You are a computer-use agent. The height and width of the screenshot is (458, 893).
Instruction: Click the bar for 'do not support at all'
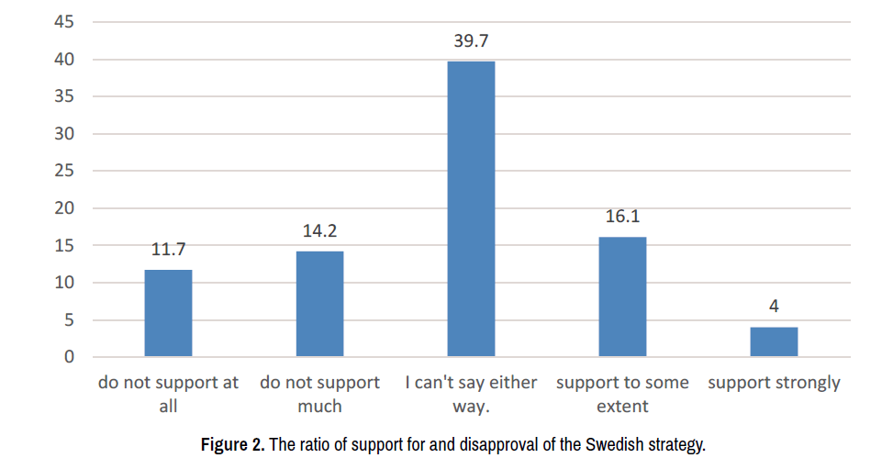click(x=168, y=313)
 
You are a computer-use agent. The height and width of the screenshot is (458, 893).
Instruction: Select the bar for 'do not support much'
click(x=319, y=304)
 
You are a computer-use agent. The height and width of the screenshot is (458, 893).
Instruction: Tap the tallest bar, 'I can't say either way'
click(x=471, y=209)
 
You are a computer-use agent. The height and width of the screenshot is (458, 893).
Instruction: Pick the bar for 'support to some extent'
click(x=622, y=296)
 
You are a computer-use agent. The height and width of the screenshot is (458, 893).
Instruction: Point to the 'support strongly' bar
click(x=774, y=341)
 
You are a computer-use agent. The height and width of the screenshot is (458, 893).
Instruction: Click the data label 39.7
click(x=471, y=41)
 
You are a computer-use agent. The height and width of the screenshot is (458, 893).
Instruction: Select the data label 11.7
click(x=168, y=250)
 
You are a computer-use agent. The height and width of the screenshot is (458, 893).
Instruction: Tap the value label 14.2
click(x=319, y=231)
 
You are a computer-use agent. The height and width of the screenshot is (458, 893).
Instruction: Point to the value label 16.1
click(x=622, y=218)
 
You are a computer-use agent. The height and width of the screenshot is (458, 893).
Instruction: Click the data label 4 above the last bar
click(x=774, y=307)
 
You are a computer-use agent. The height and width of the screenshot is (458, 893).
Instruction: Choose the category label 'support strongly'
click(x=774, y=383)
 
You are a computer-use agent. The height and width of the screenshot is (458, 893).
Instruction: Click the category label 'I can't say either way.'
click(x=471, y=393)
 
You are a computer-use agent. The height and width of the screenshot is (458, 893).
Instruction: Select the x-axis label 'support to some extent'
click(x=622, y=393)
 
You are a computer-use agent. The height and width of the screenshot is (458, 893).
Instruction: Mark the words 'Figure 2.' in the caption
click(x=233, y=445)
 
